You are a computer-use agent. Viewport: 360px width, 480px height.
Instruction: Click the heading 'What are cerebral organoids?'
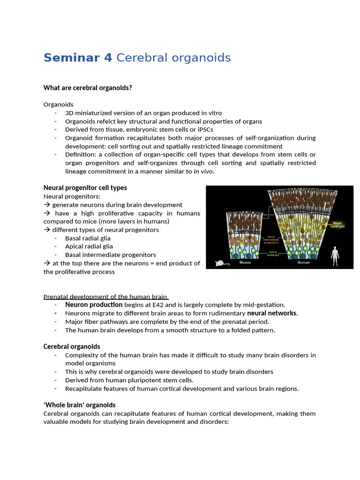[x=88, y=88]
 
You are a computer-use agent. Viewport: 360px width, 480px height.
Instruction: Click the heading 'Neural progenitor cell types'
[x=85, y=187]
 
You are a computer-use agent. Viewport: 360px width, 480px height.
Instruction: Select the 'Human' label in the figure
[x=303, y=262]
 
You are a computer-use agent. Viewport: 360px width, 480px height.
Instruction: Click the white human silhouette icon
[x=335, y=255]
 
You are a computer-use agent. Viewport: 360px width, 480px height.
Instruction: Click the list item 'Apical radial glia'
[x=89, y=247]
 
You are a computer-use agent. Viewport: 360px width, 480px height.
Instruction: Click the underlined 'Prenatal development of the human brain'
[x=105, y=297]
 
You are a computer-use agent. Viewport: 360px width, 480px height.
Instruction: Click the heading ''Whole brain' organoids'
[x=79, y=405]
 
